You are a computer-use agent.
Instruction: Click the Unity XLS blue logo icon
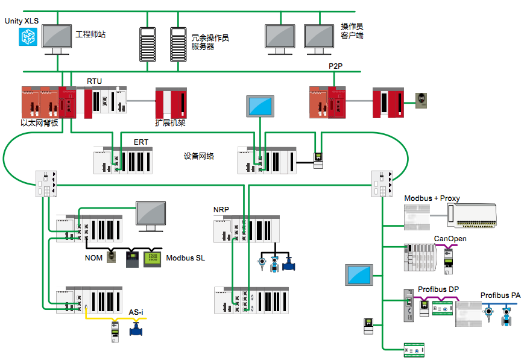click(x=27, y=37)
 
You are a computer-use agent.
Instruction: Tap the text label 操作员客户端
click(x=352, y=31)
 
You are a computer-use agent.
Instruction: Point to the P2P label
click(x=335, y=66)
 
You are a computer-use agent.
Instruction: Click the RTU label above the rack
click(x=95, y=81)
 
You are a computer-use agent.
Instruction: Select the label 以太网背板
click(x=39, y=123)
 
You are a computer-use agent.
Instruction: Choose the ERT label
click(x=141, y=142)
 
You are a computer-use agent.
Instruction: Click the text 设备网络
click(x=199, y=156)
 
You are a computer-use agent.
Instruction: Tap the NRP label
click(x=221, y=210)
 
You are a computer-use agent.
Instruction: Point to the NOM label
click(x=93, y=258)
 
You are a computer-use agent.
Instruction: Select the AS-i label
click(x=136, y=312)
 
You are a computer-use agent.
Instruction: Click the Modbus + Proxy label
click(x=432, y=198)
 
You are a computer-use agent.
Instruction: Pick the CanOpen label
click(x=450, y=239)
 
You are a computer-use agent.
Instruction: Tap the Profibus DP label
click(x=438, y=290)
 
